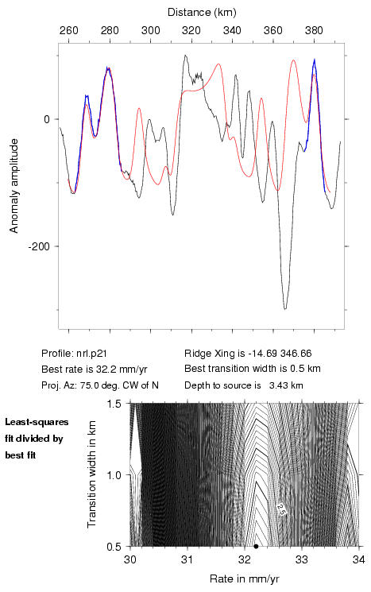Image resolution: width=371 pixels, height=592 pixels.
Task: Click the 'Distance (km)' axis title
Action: point(202,13)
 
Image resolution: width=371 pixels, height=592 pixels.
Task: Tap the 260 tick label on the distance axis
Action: point(68,30)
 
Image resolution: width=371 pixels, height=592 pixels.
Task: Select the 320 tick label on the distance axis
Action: point(191,30)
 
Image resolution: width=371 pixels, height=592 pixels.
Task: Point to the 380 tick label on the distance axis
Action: point(314,30)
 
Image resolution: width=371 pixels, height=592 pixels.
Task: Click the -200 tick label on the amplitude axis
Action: point(39,247)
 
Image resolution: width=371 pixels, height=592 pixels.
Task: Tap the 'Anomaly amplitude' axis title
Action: point(14,186)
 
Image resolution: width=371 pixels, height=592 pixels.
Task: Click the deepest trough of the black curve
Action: point(285,309)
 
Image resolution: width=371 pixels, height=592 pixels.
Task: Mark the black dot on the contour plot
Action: point(256,546)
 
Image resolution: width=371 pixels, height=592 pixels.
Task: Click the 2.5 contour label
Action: point(281,509)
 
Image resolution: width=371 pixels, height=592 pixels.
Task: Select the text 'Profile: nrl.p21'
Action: point(74,354)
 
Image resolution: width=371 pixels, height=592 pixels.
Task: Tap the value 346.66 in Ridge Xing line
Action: point(296,354)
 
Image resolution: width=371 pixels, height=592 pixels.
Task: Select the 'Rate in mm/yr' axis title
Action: point(244,578)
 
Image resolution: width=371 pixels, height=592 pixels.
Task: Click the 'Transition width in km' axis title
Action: point(91,474)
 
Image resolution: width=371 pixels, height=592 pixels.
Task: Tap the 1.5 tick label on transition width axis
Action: point(114,404)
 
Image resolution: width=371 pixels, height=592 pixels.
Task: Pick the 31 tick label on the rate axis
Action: point(187,559)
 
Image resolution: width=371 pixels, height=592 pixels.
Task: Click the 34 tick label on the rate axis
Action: point(358,559)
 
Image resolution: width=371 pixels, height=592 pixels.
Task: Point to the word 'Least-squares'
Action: point(37,422)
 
